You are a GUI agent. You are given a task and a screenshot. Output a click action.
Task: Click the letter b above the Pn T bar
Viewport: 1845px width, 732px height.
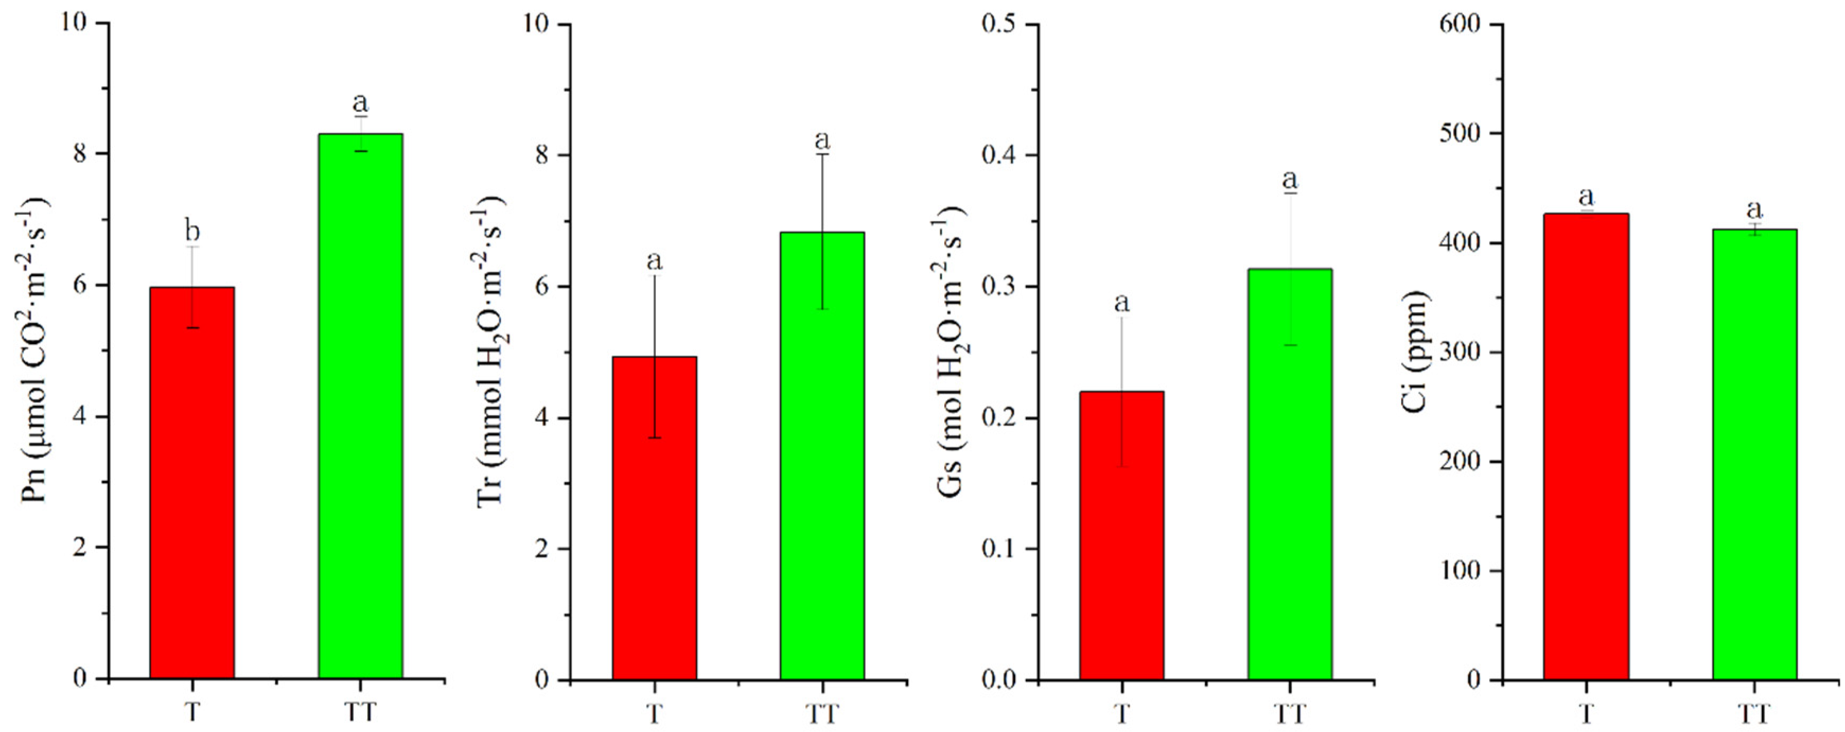[x=192, y=231]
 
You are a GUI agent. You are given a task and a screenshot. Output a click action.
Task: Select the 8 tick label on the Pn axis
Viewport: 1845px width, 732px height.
[x=80, y=153]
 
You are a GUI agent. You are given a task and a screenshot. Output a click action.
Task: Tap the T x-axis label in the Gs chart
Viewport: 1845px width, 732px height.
[x=1122, y=713]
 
